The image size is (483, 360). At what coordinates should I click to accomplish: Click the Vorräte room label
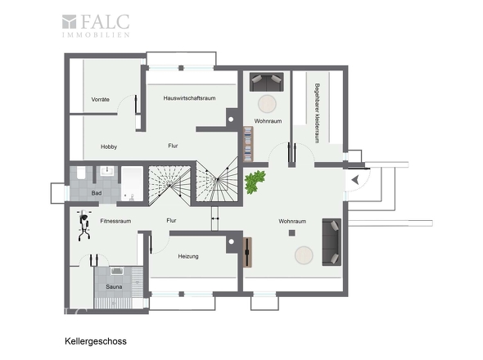point(101,100)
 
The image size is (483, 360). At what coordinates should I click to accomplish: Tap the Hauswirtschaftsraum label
point(189,98)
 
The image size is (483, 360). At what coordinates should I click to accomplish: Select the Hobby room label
point(109,147)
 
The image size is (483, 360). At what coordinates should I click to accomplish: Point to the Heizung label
point(188,256)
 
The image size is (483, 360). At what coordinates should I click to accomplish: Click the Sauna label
point(114,286)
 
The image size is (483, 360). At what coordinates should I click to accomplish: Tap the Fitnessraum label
point(115,221)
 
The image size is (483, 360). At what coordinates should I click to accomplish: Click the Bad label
point(97,193)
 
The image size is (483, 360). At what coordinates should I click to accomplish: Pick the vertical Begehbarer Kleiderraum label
point(317,113)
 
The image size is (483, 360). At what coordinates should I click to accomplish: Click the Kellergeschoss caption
point(96,341)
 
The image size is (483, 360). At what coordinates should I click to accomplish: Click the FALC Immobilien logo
point(96,26)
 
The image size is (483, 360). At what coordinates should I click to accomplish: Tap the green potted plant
point(255,182)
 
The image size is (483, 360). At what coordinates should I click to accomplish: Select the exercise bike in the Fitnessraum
point(84,225)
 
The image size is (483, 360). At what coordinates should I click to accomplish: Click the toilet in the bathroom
point(81,173)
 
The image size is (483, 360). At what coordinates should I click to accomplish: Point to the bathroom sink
point(107,171)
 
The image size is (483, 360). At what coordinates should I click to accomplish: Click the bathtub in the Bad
point(132,184)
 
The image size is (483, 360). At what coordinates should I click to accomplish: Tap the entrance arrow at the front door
point(355,180)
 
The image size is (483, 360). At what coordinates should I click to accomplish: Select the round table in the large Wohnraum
point(304,255)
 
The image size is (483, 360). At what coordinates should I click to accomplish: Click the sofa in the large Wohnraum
point(332,242)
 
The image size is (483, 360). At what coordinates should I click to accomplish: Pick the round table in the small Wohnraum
point(267,104)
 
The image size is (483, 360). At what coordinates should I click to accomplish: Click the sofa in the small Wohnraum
point(266,82)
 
